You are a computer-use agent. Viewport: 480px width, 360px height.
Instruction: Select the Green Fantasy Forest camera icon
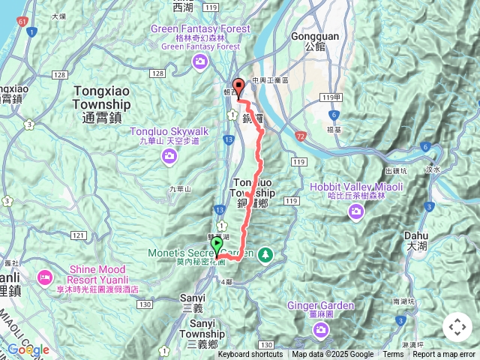coord(200,61)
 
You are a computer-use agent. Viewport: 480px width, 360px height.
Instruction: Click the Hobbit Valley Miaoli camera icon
coord(356,213)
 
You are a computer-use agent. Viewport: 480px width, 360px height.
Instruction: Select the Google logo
coord(28,349)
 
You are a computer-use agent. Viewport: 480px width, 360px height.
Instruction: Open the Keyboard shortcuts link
coord(250,355)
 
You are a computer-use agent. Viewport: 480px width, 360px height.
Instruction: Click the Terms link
coord(393,355)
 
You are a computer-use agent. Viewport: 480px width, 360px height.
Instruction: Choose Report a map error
coord(444,355)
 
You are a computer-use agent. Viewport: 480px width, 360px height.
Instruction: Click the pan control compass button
coord(457,328)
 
